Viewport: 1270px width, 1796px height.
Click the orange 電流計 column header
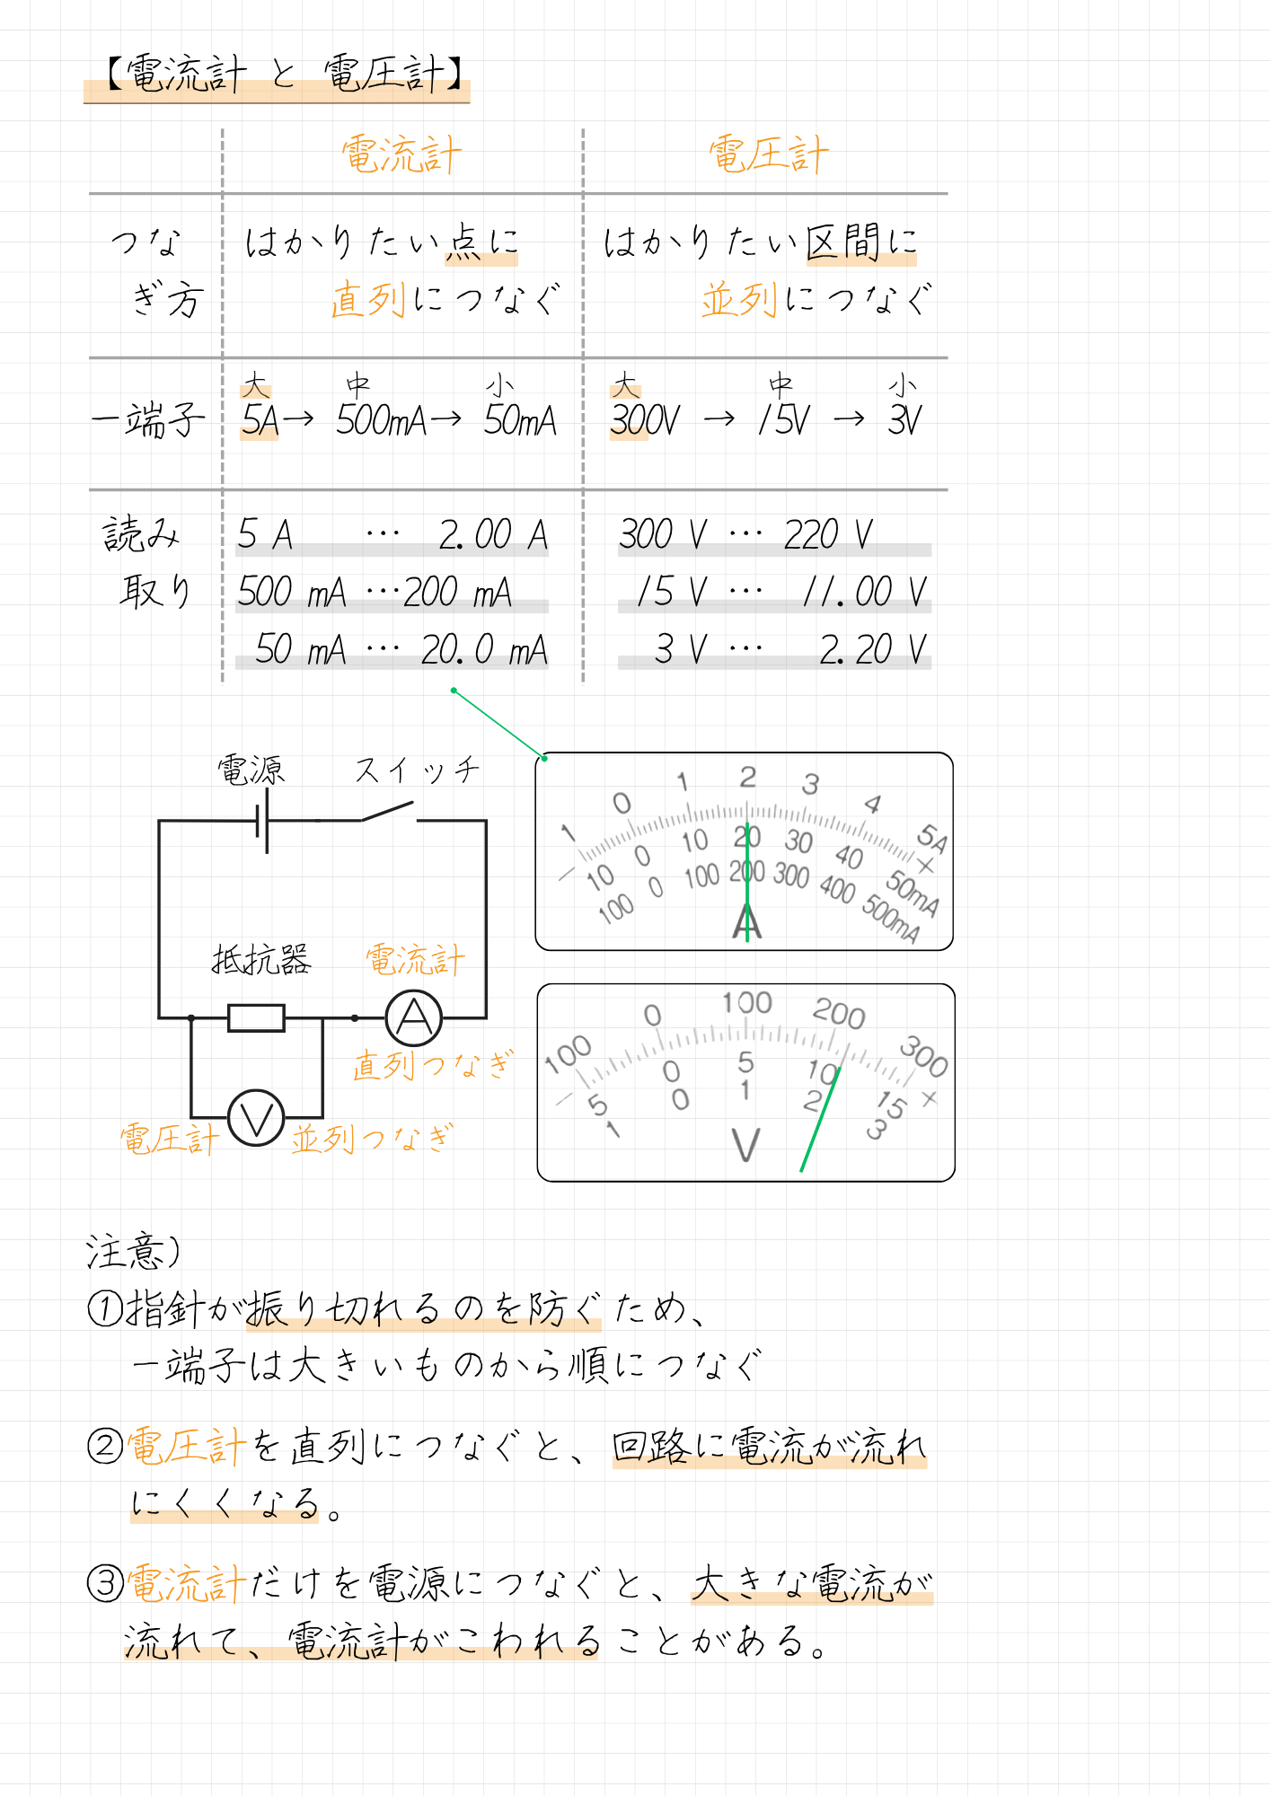401,155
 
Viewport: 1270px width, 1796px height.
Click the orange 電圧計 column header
768,155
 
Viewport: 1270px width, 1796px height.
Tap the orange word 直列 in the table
368,299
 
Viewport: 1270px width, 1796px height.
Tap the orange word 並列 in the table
738,299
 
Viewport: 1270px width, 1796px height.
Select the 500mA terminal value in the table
381,420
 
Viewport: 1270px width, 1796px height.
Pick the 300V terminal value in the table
644,420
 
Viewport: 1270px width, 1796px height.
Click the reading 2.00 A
493,535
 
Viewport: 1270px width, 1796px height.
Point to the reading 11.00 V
864,593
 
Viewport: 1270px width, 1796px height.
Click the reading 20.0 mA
484,650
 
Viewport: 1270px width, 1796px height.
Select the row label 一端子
148,420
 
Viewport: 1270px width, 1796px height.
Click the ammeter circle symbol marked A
414,1018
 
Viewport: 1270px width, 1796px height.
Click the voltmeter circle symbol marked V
256,1119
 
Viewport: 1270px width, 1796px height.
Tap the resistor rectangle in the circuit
256,1018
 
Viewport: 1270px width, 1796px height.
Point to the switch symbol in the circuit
388,812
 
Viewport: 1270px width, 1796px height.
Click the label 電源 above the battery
251,770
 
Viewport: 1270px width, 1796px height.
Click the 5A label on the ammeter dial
931,839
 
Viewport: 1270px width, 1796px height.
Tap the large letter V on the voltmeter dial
745,1145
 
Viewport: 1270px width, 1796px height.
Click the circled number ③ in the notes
105,1583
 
